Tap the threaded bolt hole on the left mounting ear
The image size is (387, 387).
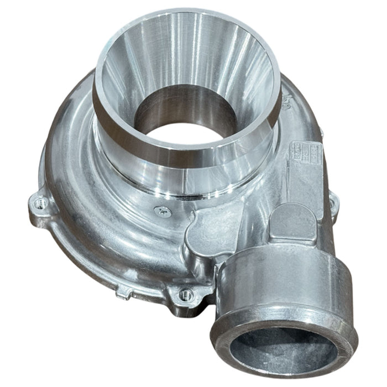(39, 204)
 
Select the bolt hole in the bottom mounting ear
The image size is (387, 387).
(186, 295)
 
